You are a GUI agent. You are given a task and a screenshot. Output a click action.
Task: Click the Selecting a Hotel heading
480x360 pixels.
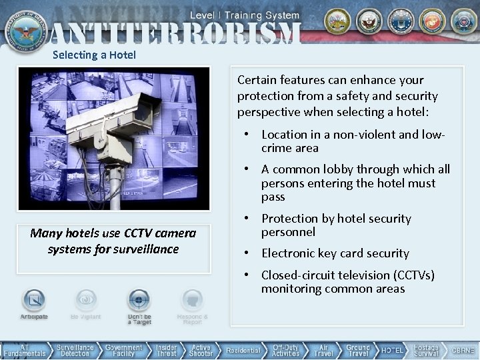click(x=94, y=55)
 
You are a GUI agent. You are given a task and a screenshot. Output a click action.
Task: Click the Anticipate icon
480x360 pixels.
click(x=34, y=301)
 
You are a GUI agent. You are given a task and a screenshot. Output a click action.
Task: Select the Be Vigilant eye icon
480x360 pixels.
click(x=86, y=301)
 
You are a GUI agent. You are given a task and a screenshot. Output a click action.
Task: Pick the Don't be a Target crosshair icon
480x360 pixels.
click(x=139, y=301)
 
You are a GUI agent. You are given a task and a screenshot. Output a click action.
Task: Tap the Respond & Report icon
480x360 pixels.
click(x=192, y=301)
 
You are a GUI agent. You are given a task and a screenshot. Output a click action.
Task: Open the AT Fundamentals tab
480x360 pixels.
click(x=24, y=350)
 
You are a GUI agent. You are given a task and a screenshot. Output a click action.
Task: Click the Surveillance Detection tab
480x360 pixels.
click(x=75, y=350)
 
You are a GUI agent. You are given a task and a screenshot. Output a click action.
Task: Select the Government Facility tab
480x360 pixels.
click(x=124, y=350)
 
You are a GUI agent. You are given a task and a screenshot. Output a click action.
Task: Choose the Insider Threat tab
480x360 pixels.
click(x=167, y=350)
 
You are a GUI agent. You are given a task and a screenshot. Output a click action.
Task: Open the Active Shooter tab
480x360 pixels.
click(x=201, y=350)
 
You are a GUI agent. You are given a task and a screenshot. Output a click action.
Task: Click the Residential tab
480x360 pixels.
click(x=243, y=350)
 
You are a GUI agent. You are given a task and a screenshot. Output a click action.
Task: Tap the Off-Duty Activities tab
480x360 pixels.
click(x=286, y=350)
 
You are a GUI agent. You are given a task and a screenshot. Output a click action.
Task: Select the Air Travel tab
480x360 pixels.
click(x=324, y=350)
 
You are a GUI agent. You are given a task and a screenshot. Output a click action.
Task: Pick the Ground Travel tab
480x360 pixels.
click(x=358, y=350)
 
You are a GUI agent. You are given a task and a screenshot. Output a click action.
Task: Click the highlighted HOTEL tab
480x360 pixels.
click(x=392, y=350)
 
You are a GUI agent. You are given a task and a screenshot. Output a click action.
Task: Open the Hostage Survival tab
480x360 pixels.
click(x=427, y=350)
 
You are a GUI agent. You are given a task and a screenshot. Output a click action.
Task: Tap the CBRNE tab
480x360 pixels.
click(x=463, y=350)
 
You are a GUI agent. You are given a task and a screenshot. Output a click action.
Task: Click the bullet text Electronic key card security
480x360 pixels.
click(x=335, y=253)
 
